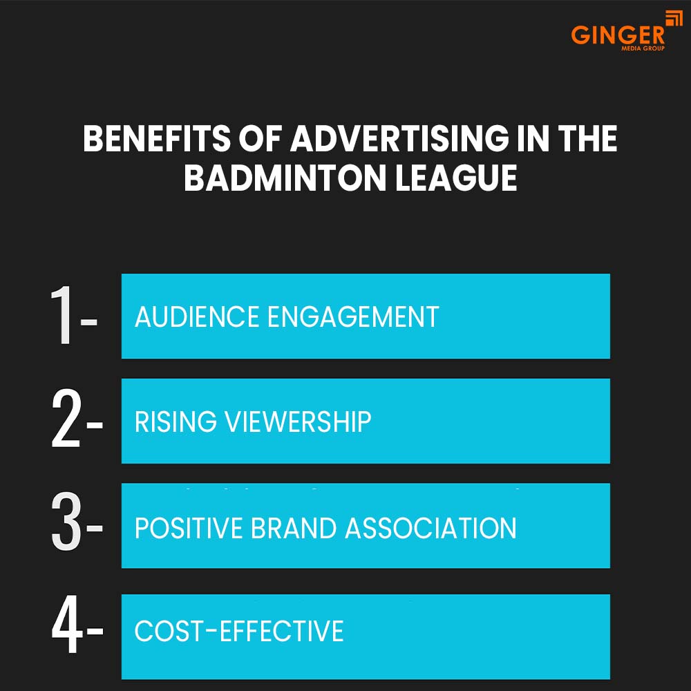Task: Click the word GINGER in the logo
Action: coord(618,35)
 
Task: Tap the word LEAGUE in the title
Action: coord(457,179)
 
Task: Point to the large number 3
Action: coord(66,526)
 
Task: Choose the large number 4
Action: coord(66,630)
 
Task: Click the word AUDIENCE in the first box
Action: coord(197,317)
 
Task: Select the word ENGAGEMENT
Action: coord(353,317)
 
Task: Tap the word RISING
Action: coord(175,422)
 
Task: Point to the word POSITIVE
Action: coord(187,529)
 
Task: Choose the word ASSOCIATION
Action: coord(430,529)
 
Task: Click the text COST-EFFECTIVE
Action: coord(239,631)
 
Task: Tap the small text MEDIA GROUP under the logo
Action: coord(644,49)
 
